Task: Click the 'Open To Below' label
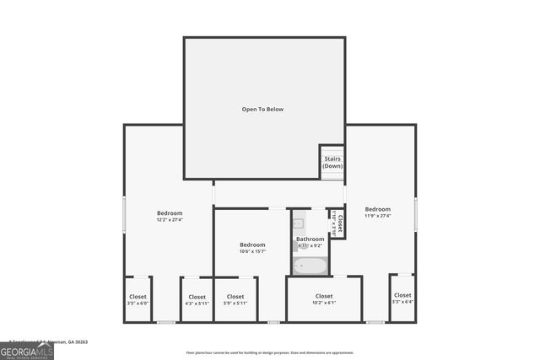(263, 110)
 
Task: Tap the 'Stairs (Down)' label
(332, 162)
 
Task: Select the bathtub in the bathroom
(310, 266)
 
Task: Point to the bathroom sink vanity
(298, 224)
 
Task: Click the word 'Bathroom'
(310, 239)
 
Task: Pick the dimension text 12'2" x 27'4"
(170, 220)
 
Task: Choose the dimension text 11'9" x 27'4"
(377, 216)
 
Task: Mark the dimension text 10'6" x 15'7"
(252, 251)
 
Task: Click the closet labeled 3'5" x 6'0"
(138, 300)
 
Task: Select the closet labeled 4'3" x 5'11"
(197, 300)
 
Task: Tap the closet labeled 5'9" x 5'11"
(235, 300)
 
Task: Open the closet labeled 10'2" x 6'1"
(324, 299)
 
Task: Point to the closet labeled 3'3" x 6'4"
(402, 298)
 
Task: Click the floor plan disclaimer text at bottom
(270, 353)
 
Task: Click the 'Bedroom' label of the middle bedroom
(252, 244)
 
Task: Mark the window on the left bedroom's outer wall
(124, 214)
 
